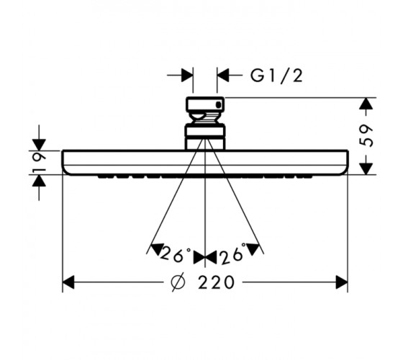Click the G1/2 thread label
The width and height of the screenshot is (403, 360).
pyautogui.click(x=276, y=76)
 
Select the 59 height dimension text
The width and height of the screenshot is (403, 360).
pyautogui.click(x=367, y=136)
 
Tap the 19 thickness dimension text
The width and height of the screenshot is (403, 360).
pyautogui.click(x=40, y=163)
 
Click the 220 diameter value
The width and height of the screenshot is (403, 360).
pyautogui.click(x=216, y=282)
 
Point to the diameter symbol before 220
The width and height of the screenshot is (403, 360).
pyautogui.click(x=178, y=282)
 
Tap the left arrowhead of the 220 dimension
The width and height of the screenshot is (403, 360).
pyautogui.click(x=68, y=282)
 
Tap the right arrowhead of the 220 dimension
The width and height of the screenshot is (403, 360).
pyautogui.click(x=342, y=282)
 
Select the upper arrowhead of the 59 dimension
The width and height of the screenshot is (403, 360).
pyautogui.click(x=366, y=104)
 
